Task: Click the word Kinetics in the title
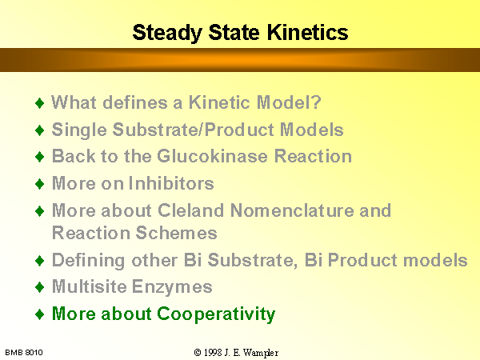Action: click(x=308, y=33)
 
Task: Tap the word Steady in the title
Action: click(x=167, y=33)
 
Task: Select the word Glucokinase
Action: click(x=213, y=156)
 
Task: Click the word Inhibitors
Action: click(x=171, y=183)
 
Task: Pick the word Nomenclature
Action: click(x=292, y=210)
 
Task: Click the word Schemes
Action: click(x=176, y=233)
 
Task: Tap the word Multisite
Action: click(x=90, y=286)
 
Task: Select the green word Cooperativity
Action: click(x=216, y=314)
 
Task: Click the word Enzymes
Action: click(x=172, y=287)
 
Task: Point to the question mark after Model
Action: click(x=317, y=102)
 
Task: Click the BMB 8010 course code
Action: click(x=24, y=353)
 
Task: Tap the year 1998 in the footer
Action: click(x=213, y=353)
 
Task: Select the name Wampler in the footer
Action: click(x=261, y=353)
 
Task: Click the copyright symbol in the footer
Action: click(x=198, y=353)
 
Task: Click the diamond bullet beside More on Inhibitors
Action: click(x=40, y=184)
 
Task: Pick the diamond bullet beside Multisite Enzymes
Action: click(x=40, y=287)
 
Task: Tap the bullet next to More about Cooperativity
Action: click(x=40, y=314)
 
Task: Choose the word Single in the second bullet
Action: click(x=79, y=130)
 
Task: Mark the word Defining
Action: click(x=89, y=261)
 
